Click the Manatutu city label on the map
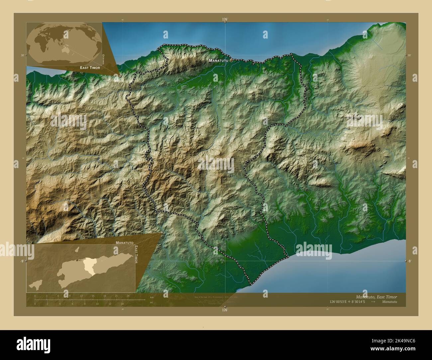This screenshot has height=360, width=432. [218, 61]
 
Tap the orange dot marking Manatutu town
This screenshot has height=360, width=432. [231, 60]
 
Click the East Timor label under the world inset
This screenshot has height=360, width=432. [90, 67]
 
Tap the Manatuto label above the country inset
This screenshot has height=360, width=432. [125, 243]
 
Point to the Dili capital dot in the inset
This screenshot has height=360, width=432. [77, 260]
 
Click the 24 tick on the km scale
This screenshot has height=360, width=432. [128, 296]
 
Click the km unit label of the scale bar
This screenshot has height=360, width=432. [152, 297]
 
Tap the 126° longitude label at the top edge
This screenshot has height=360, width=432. [225, 20]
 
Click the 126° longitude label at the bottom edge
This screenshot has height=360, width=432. [225, 310]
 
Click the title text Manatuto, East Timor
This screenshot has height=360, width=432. [376, 297]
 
